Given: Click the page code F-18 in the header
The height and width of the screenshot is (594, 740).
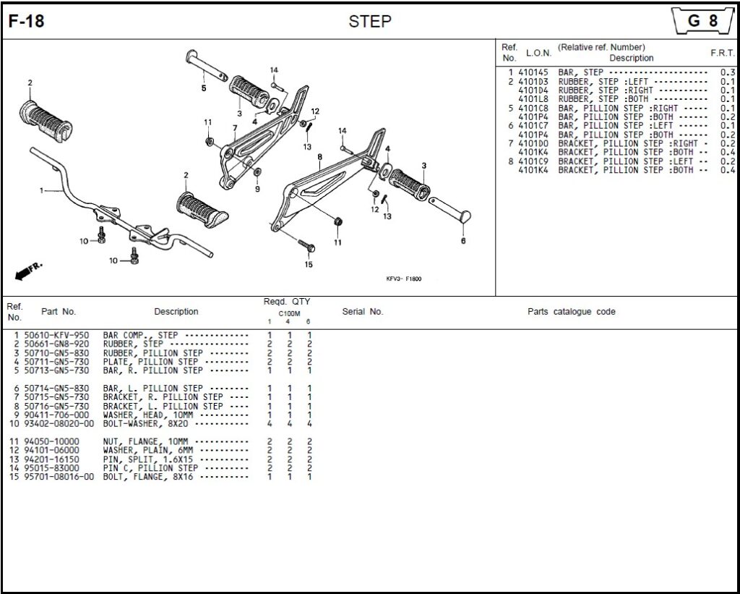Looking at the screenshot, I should point(26,22).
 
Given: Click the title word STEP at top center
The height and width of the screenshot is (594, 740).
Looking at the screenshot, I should point(369,22).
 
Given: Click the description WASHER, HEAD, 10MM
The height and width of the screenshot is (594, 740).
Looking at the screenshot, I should point(148,415).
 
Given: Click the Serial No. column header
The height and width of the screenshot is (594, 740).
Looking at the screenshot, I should point(362,312).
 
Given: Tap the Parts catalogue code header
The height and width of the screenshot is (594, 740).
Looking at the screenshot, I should point(571,312).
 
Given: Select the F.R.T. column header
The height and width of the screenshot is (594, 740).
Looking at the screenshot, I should point(723,53).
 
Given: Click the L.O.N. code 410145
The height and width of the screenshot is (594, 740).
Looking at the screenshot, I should point(533,73).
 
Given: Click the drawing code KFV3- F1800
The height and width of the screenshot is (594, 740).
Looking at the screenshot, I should point(404,279).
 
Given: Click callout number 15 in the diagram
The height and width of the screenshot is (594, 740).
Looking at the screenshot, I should point(309,264).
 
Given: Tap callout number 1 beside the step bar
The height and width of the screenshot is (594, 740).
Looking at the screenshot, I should point(41,191).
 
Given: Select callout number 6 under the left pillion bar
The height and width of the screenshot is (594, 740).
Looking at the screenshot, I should point(463,241).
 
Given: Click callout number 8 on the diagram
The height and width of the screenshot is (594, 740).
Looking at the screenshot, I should point(319,157).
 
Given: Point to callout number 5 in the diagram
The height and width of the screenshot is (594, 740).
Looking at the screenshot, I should point(204,88).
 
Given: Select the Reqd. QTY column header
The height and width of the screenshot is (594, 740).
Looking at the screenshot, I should point(287,302).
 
